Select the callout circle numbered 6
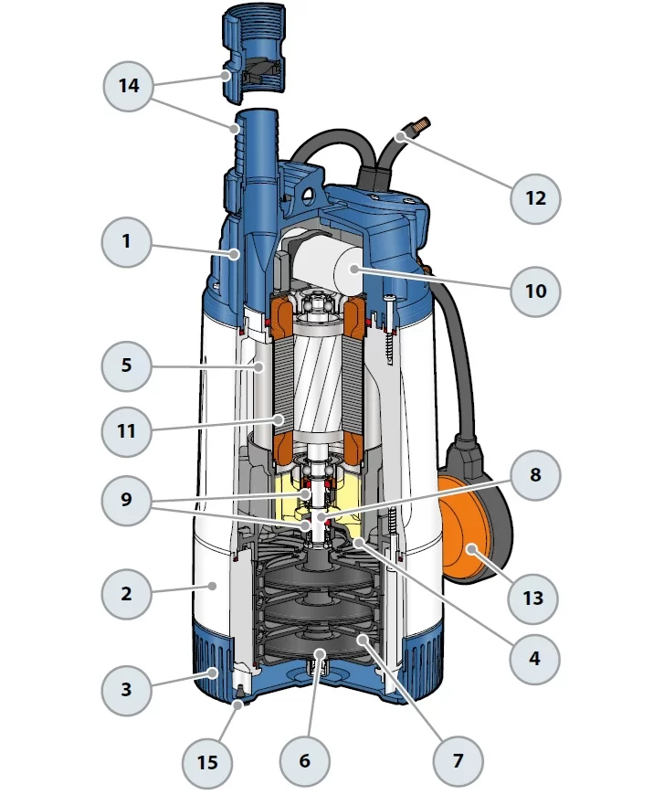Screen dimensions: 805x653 coord(304,760)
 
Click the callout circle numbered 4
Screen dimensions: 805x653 coord(533,657)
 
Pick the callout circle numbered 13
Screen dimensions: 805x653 coord(533,598)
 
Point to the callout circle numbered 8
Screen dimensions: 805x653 coord(533,475)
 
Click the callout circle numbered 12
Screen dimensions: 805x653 coord(533,196)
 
